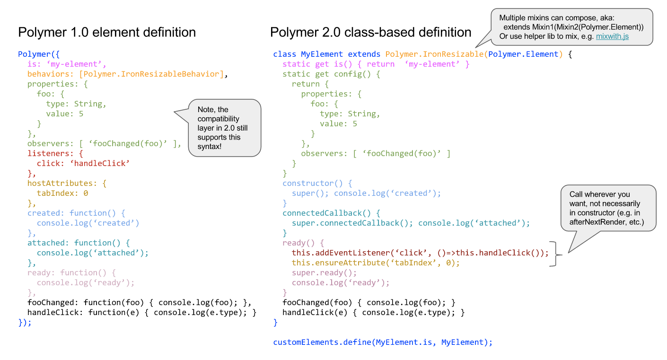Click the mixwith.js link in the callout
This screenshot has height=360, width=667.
click(x=612, y=36)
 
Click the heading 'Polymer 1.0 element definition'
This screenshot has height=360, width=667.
click(x=107, y=32)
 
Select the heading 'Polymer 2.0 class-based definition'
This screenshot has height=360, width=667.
click(x=371, y=32)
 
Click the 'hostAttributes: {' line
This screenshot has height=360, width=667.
click(x=67, y=184)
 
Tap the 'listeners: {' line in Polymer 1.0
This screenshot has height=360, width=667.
click(x=55, y=154)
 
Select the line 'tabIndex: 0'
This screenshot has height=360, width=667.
click(x=62, y=193)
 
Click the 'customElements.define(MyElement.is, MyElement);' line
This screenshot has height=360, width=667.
click(x=383, y=342)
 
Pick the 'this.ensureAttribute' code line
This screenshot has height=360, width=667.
click(x=376, y=263)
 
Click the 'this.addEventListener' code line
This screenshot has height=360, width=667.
click(x=420, y=253)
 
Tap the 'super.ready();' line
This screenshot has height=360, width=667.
click(x=324, y=272)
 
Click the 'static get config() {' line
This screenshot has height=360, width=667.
click(x=331, y=74)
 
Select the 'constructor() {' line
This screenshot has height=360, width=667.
click(x=317, y=184)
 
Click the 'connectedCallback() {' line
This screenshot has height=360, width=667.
click(x=331, y=213)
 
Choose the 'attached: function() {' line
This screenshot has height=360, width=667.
click(x=79, y=243)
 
